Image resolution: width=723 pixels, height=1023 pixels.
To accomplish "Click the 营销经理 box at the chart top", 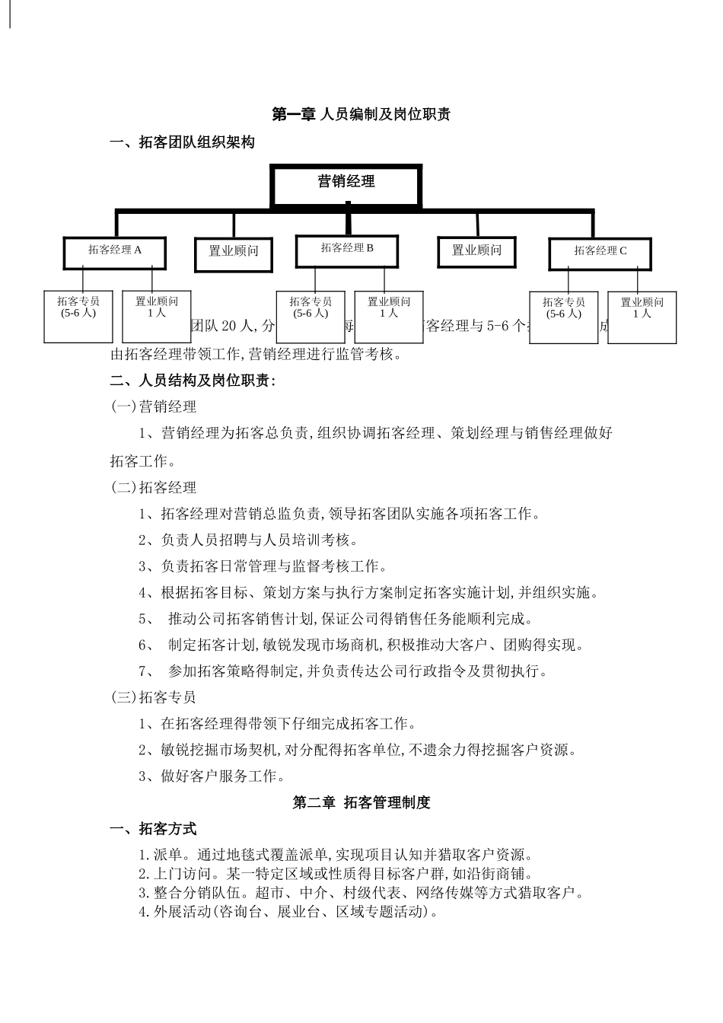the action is [x=346, y=185].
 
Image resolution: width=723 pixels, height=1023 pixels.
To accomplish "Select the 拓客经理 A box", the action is [x=115, y=252].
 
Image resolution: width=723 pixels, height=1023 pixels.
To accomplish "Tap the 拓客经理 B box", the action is [x=347, y=250].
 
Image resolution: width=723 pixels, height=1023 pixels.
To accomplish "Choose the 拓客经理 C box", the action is [x=600, y=253].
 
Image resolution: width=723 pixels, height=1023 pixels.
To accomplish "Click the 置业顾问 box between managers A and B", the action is [x=234, y=251].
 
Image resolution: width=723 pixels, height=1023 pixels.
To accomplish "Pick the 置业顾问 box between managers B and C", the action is [x=477, y=251].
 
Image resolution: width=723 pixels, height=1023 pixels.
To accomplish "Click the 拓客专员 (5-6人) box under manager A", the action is [x=78, y=315].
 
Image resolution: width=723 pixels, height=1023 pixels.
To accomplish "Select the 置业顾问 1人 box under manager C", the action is [x=642, y=317].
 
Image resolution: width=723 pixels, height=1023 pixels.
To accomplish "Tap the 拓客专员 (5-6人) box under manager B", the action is [x=311, y=316].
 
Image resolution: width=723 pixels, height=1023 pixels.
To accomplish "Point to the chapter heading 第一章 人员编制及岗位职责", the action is [x=361, y=114].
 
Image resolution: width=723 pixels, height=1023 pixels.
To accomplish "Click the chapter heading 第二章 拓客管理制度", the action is [x=361, y=802].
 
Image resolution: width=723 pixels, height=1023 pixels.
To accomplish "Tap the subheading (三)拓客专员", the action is [x=154, y=697].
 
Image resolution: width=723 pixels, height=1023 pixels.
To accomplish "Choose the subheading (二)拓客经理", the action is [x=154, y=488].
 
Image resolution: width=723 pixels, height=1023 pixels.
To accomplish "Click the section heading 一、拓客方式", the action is [x=154, y=829].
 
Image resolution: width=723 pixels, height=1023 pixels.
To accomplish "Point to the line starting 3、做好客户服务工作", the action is [x=212, y=776].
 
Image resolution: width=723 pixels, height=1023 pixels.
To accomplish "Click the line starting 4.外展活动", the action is [x=288, y=912].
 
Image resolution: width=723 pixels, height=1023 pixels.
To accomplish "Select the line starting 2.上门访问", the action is [x=335, y=874].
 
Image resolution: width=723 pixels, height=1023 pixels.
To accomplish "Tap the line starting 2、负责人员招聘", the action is [x=248, y=540].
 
